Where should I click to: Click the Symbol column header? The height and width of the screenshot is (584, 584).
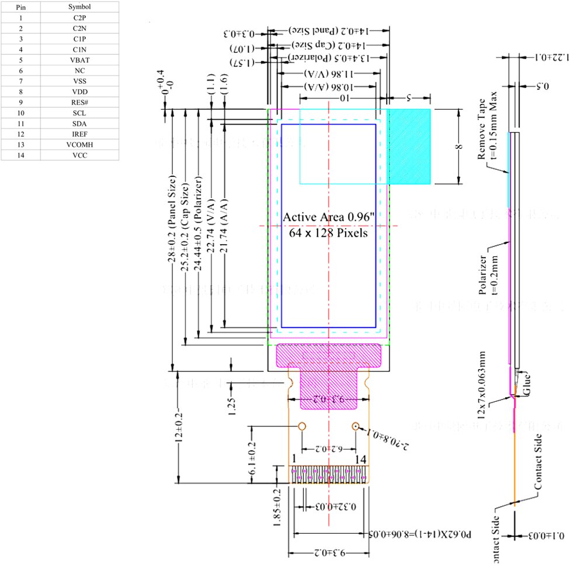point(79,6)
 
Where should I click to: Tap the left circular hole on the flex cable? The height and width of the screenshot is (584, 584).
point(303,426)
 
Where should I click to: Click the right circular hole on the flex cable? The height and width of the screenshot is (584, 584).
point(355,426)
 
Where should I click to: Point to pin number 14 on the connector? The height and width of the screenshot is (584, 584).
point(360,460)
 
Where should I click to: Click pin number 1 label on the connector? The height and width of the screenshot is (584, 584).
point(294,460)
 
